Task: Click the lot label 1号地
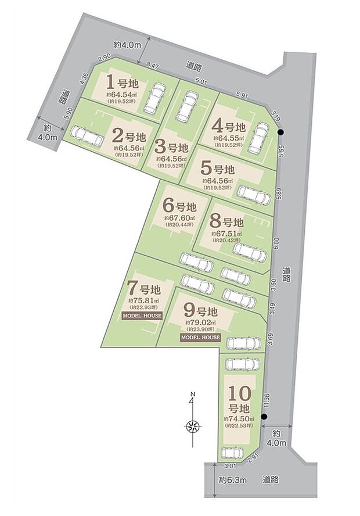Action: click(x=121, y=81)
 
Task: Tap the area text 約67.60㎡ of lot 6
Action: click(x=179, y=217)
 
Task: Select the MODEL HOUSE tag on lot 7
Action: click(x=142, y=316)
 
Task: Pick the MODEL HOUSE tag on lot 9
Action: click(x=200, y=337)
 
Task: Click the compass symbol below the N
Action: click(x=193, y=427)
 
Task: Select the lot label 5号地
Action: click(x=217, y=170)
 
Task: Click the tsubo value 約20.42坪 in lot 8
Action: click(x=226, y=240)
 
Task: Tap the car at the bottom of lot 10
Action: click(x=235, y=452)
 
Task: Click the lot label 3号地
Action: click(x=171, y=148)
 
